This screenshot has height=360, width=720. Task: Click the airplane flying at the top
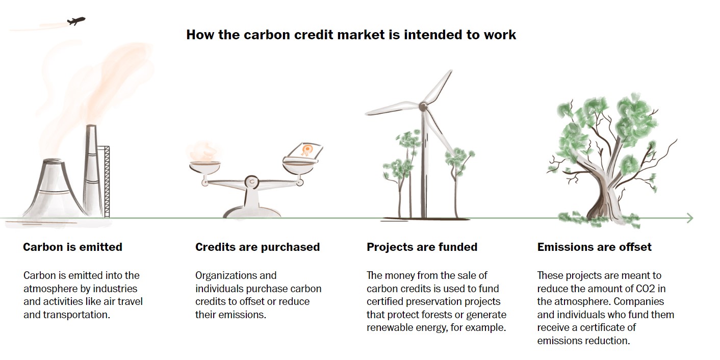pos(76,21)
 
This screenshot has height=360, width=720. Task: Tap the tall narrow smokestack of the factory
pos(91,170)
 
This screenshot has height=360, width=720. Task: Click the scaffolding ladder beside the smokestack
pos(106,182)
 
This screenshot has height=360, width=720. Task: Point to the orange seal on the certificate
pos(306,150)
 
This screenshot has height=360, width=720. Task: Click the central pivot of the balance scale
pos(252,182)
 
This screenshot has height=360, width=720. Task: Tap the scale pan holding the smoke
pos(205,167)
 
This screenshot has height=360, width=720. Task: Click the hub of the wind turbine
pos(423,107)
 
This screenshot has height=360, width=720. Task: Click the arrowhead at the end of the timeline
pos(690,218)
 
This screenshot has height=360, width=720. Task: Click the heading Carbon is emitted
pos(72,247)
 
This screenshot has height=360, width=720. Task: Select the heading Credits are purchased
pos(258,247)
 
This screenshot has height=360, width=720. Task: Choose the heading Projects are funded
pos(422,247)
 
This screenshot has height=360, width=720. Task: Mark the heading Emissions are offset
pos(595,247)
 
